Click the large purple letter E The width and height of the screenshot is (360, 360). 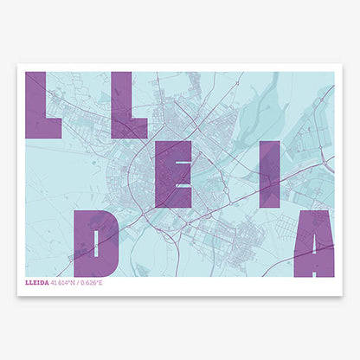(172, 174)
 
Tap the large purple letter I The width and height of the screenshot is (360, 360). (270, 174)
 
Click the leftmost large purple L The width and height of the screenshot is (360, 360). (41, 105)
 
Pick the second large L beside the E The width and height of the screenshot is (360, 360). (129, 105)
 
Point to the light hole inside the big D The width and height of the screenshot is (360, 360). (101, 243)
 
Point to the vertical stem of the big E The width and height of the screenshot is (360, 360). (162, 174)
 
